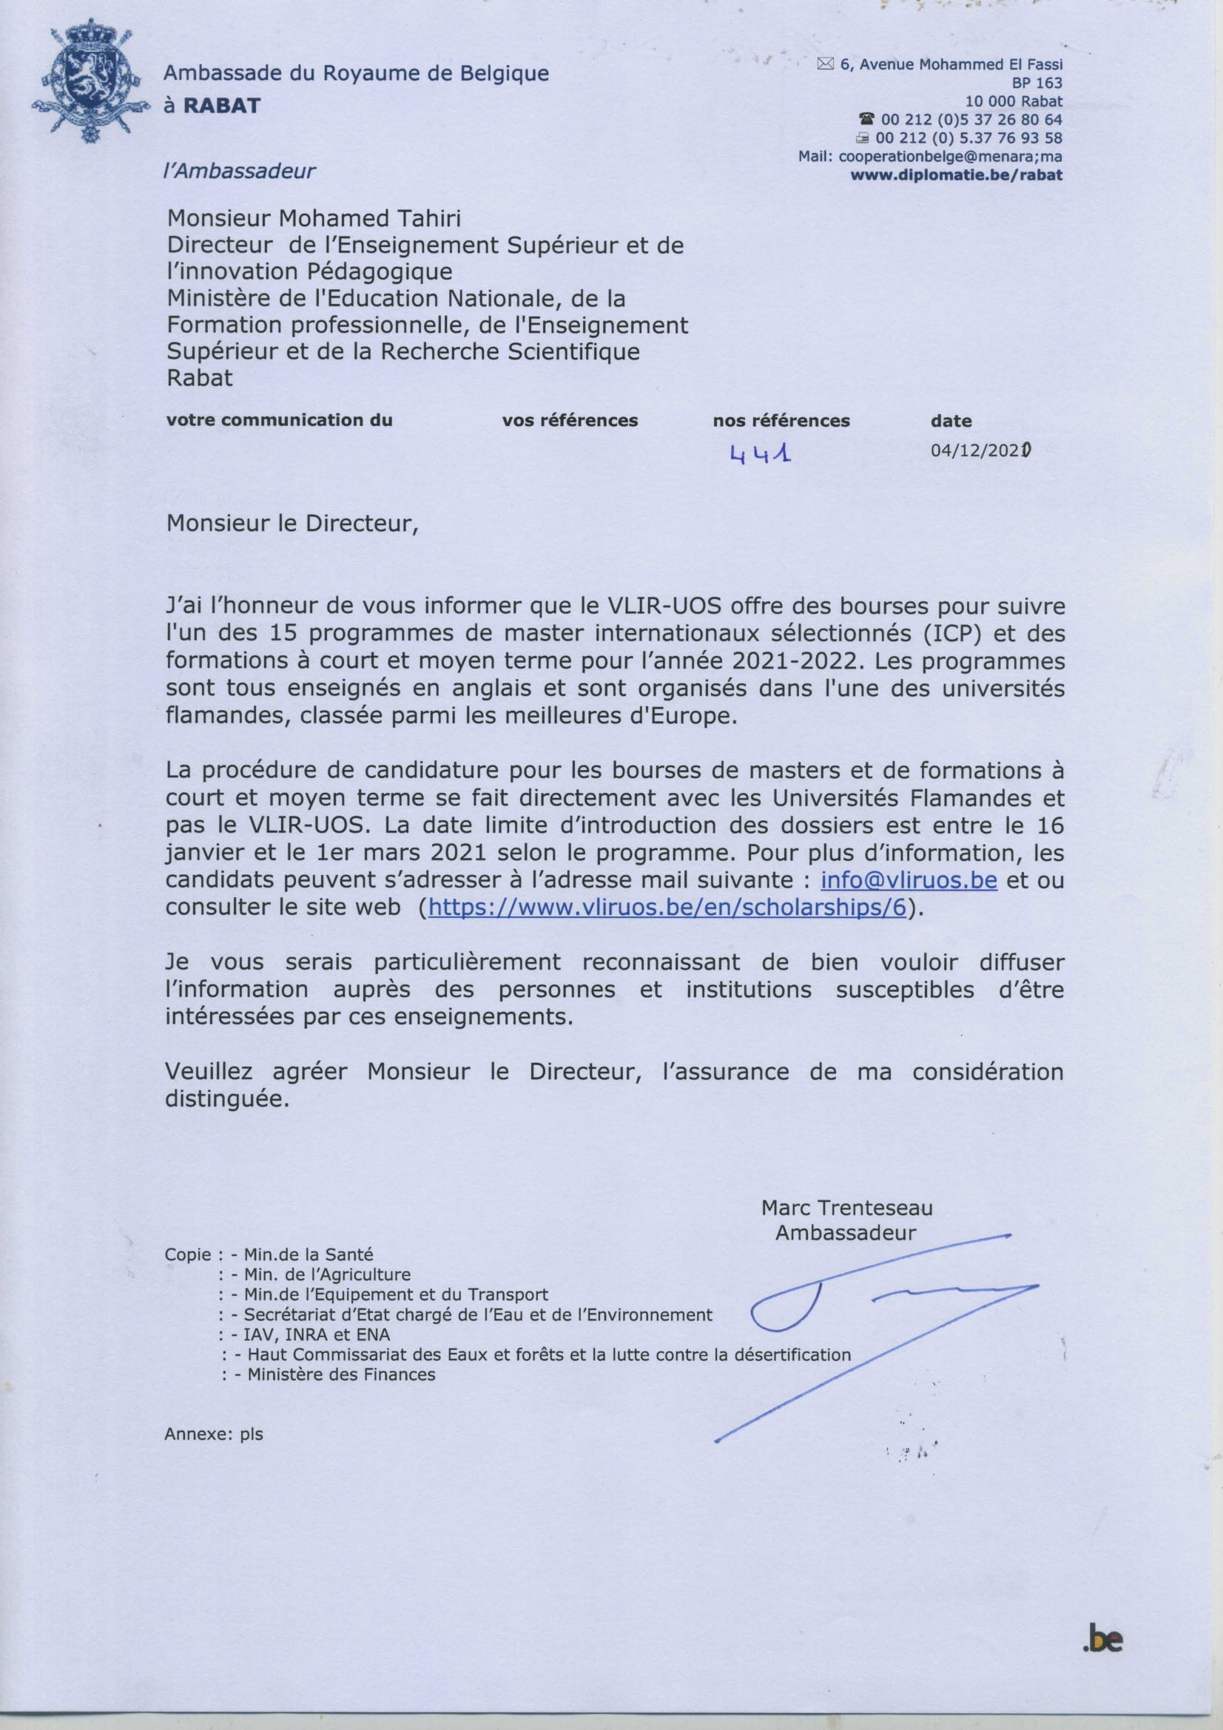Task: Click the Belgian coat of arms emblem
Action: pos(87,84)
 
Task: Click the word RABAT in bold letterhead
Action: pos(222,106)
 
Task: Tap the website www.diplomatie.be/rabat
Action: pos(956,175)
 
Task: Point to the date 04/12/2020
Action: pos(980,450)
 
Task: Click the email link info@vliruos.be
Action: pos(909,879)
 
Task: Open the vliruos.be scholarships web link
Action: pos(667,907)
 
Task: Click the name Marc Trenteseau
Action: pos(846,1208)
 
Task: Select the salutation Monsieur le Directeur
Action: pos(292,523)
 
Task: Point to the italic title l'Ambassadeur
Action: pos(239,171)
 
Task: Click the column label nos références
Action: pos(781,420)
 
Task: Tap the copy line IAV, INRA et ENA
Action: pos(317,1335)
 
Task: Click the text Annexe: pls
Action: pos(214,1434)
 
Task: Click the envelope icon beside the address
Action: pos(825,65)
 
